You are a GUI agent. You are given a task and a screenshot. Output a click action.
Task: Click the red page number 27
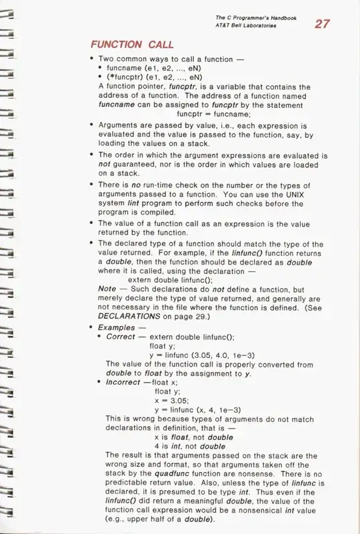click(x=321, y=25)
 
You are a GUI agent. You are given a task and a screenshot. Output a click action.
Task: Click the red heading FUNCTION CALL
click(x=132, y=45)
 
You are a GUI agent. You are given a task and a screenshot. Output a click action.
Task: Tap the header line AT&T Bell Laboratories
click(x=247, y=25)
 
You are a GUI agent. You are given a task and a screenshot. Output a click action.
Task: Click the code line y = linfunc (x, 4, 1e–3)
click(x=197, y=409)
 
